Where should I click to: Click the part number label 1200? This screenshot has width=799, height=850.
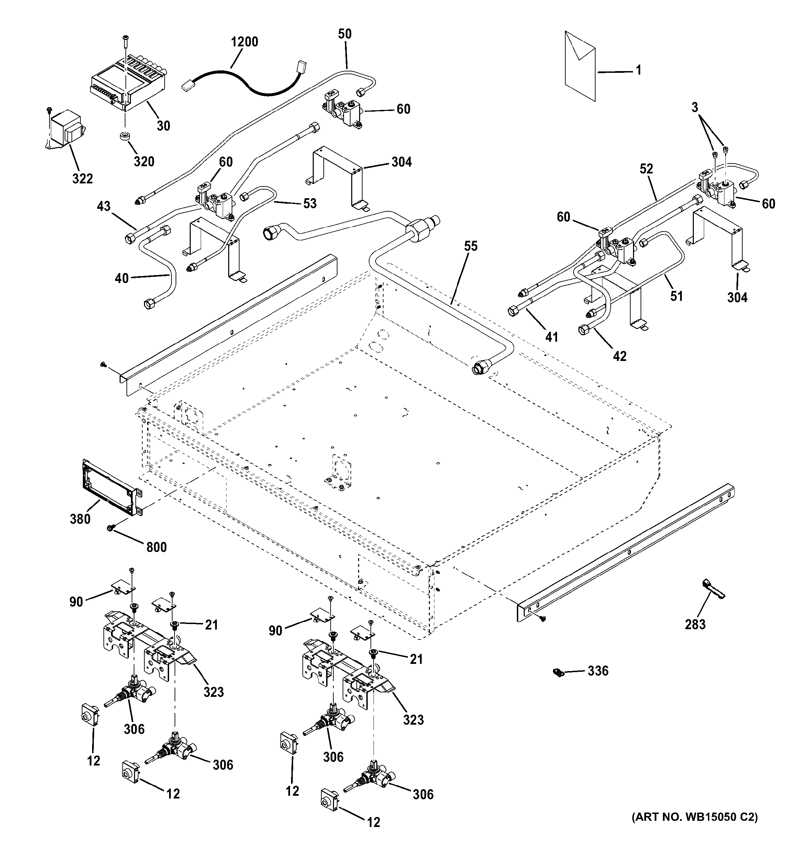[244, 42]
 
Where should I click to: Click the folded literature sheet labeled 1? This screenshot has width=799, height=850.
[579, 66]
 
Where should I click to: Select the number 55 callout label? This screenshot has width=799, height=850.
[470, 246]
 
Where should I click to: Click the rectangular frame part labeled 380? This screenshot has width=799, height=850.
[109, 487]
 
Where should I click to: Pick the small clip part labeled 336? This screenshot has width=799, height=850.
[557, 672]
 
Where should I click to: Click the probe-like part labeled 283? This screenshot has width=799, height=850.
[712, 590]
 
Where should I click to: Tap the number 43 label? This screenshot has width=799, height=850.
[104, 206]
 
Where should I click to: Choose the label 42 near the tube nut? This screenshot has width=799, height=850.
[619, 356]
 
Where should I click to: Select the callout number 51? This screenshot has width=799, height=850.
[676, 296]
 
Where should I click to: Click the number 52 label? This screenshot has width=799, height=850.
[646, 169]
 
